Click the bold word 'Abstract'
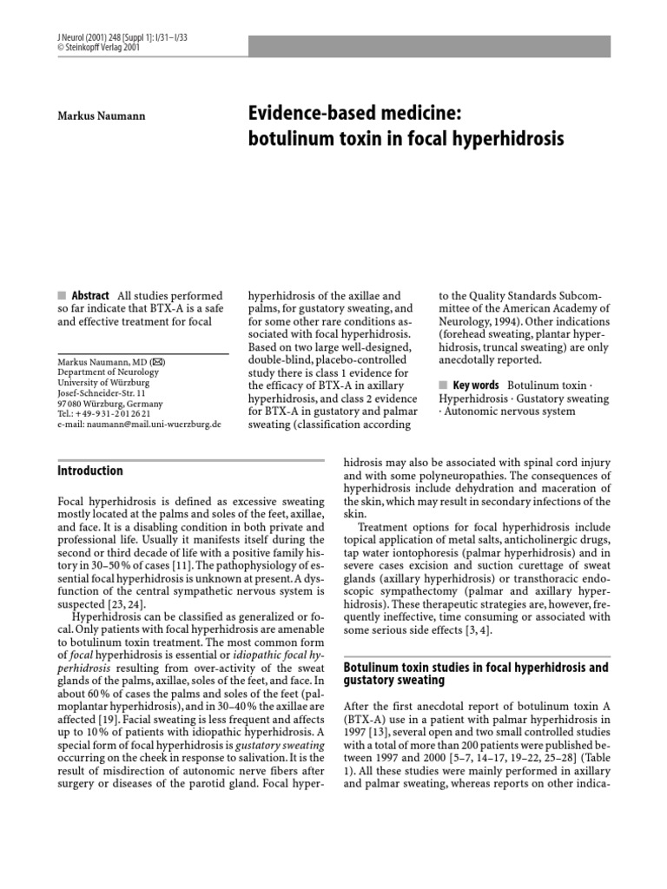[90, 296]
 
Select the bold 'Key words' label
[476, 385]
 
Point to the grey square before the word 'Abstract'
[60, 296]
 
